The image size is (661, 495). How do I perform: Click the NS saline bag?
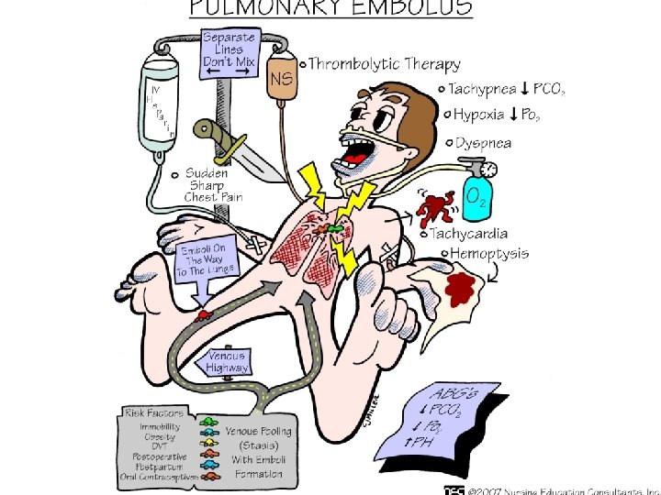(x=282, y=80)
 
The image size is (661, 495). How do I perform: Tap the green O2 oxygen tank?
(x=476, y=194)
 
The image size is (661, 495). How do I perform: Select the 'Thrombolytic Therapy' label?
(x=384, y=64)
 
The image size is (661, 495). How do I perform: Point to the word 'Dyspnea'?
(x=484, y=142)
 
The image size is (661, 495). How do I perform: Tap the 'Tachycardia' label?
(x=476, y=235)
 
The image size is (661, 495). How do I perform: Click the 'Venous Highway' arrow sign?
(x=227, y=362)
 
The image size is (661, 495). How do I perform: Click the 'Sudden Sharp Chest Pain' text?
(x=213, y=184)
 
